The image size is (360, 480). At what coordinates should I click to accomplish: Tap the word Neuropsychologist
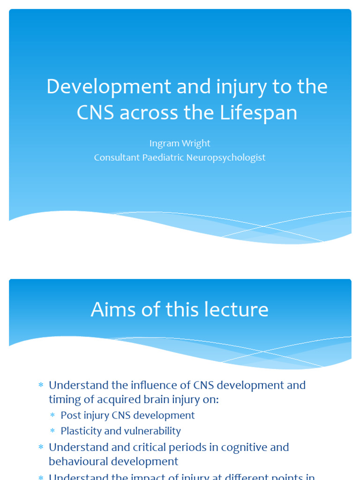coord(226,157)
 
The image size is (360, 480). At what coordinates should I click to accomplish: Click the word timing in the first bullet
coord(63,399)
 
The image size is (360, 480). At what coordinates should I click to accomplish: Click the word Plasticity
coord(81,431)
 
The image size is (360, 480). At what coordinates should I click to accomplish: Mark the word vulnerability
coord(150,431)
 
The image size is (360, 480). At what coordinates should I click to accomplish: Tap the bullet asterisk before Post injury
coord(53,416)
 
